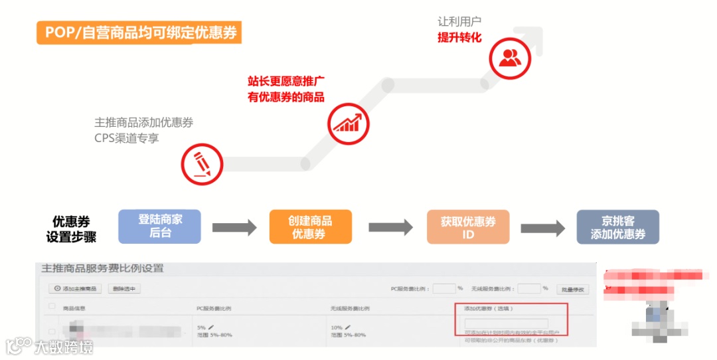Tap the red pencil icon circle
(x=202, y=163)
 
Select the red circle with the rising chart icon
(x=348, y=124)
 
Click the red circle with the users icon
(x=510, y=58)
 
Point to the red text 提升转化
(x=459, y=37)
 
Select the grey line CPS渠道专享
(x=127, y=139)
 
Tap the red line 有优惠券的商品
(x=286, y=98)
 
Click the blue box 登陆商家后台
(x=159, y=226)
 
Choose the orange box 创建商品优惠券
(x=310, y=226)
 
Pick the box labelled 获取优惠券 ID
(x=468, y=227)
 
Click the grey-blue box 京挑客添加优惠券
(x=617, y=227)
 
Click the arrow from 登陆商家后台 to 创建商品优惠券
(x=234, y=228)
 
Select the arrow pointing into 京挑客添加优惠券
(x=542, y=228)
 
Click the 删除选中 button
(x=124, y=289)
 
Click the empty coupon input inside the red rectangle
(x=506, y=323)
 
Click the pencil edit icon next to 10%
(x=347, y=327)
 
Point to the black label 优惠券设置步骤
(x=71, y=228)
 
